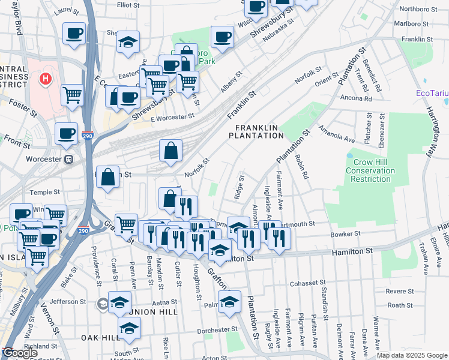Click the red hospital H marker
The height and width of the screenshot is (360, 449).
[x=44, y=79]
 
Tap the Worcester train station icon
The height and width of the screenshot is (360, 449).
[x=69, y=160]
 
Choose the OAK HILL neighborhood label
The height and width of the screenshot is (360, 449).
[x=102, y=338]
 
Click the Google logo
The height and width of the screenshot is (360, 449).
[x=20, y=353]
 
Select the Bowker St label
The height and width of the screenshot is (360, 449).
[x=345, y=233]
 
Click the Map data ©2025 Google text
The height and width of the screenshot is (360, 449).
[x=412, y=355]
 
